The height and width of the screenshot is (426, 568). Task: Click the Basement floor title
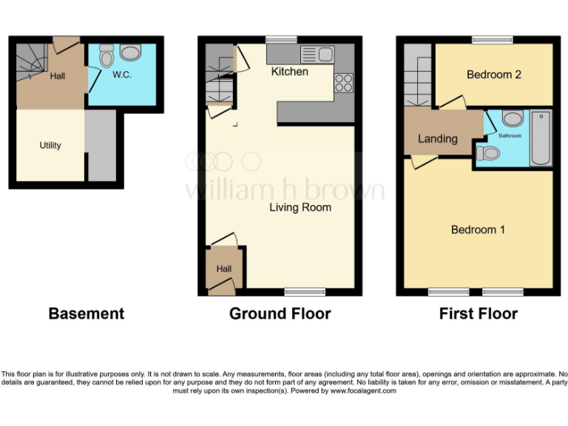tap(86, 314)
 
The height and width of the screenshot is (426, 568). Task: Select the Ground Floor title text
tap(280, 314)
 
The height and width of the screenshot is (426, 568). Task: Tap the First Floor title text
tap(478, 314)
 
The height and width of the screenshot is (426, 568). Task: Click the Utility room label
tap(50, 146)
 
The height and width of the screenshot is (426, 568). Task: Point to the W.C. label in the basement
tap(122, 75)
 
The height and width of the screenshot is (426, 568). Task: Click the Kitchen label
tap(289, 72)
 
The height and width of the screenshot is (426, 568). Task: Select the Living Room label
tap(300, 208)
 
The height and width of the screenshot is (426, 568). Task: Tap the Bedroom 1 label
tap(478, 230)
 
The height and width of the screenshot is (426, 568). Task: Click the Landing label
tap(437, 139)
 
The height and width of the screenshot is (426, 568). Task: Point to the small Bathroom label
tap(510, 136)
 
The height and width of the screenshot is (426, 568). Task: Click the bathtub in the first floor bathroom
tap(541, 138)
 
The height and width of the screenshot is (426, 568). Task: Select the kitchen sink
tap(318, 54)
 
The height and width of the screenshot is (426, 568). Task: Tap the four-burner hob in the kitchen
tap(343, 82)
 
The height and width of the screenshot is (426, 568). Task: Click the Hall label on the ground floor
tap(223, 270)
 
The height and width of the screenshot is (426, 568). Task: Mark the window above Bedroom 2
tap(493, 39)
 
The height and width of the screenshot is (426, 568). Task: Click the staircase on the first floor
tap(419, 76)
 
